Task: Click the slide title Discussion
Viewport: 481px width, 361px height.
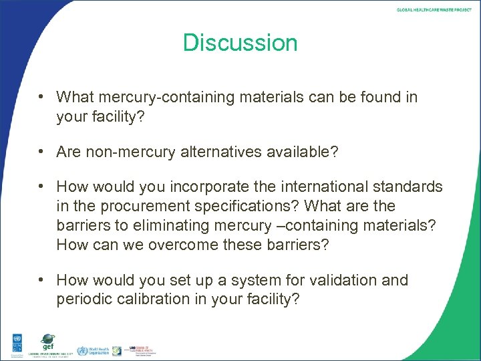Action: click(240, 43)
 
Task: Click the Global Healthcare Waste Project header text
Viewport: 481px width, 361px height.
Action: click(434, 10)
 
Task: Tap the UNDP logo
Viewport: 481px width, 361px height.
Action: click(14, 344)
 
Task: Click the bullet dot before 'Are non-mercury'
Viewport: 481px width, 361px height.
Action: click(41, 152)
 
